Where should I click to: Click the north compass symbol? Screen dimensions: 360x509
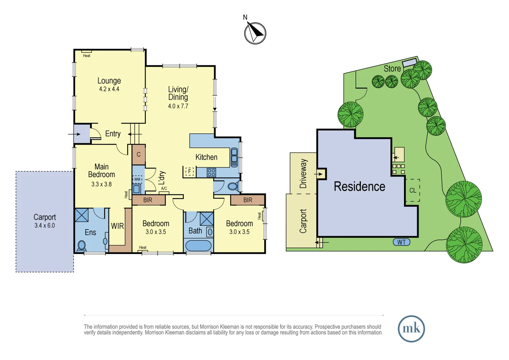pyautogui.click(x=255, y=33)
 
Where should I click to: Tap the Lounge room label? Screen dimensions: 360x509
pyautogui.click(x=109, y=81)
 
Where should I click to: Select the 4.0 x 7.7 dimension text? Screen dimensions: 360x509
pyautogui.click(x=178, y=106)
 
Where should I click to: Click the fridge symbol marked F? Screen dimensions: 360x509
pyautogui.click(x=190, y=171)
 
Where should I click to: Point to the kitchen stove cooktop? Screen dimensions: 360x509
pyautogui.click(x=211, y=172)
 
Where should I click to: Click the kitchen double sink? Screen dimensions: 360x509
pyautogui.click(x=234, y=157)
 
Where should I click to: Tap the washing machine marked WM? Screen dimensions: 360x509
pyautogui.click(x=137, y=179)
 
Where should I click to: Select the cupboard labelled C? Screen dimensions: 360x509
pyautogui.click(x=139, y=154)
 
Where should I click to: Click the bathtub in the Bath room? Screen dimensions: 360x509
pyautogui.click(x=198, y=246)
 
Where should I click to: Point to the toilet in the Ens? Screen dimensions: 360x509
pyautogui.click(x=82, y=246)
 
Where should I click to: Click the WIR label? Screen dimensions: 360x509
pyautogui.click(x=117, y=226)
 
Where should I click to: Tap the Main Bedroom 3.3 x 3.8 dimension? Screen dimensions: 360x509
pyautogui.click(x=101, y=184)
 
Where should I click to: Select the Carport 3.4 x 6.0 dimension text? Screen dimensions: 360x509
pyautogui.click(x=44, y=226)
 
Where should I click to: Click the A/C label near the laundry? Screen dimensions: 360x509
pyautogui.click(x=164, y=189)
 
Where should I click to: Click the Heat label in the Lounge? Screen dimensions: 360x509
pyautogui.click(x=87, y=56)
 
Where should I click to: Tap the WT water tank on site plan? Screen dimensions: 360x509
pyautogui.click(x=401, y=242)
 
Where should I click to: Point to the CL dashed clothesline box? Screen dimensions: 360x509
pyautogui.click(x=412, y=190)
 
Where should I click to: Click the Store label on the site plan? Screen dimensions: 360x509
pyautogui.click(x=392, y=69)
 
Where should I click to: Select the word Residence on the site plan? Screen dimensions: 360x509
pyautogui.click(x=359, y=187)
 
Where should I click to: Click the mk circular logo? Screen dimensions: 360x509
pyautogui.click(x=411, y=329)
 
